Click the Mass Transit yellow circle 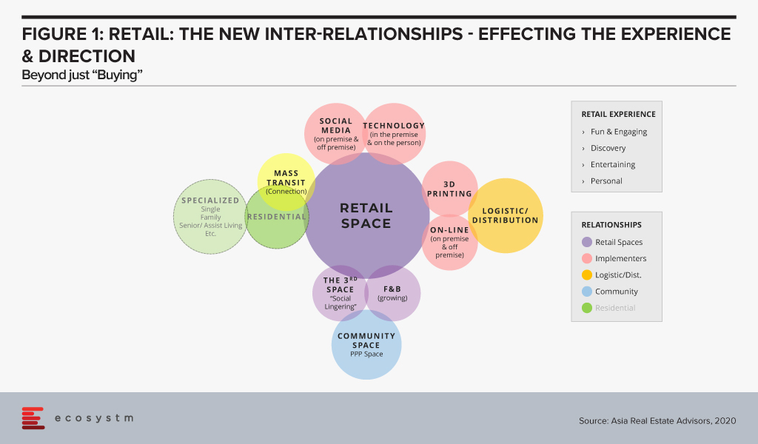(286, 182)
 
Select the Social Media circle (335, 134)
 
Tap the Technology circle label (394, 126)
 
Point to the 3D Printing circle (449, 189)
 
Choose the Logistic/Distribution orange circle (506, 215)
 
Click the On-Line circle (449, 243)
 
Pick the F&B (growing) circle (392, 293)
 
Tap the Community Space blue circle (366, 345)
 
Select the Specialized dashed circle (210, 216)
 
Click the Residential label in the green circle (277, 217)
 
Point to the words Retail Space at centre (366, 215)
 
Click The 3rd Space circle (341, 293)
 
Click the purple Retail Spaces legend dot (587, 242)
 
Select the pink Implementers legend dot (587, 258)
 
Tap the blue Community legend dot (587, 292)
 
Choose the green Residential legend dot (587, 308)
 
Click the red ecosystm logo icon (33, 418)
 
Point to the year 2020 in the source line (726, 421)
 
